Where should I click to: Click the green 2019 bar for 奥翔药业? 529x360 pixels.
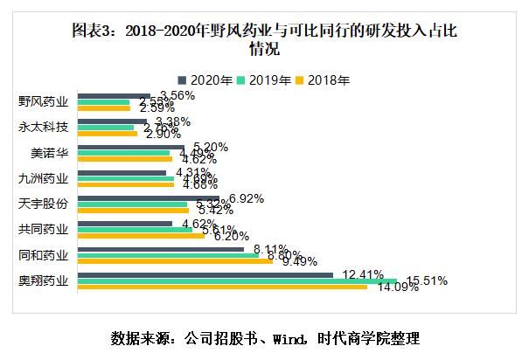point(236,281)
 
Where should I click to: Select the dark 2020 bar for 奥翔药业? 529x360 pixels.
point(205,274)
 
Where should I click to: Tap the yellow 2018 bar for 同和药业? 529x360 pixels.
point(175,261)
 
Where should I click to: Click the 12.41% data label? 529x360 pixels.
point(363,273)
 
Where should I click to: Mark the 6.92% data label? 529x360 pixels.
point(246,198)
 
